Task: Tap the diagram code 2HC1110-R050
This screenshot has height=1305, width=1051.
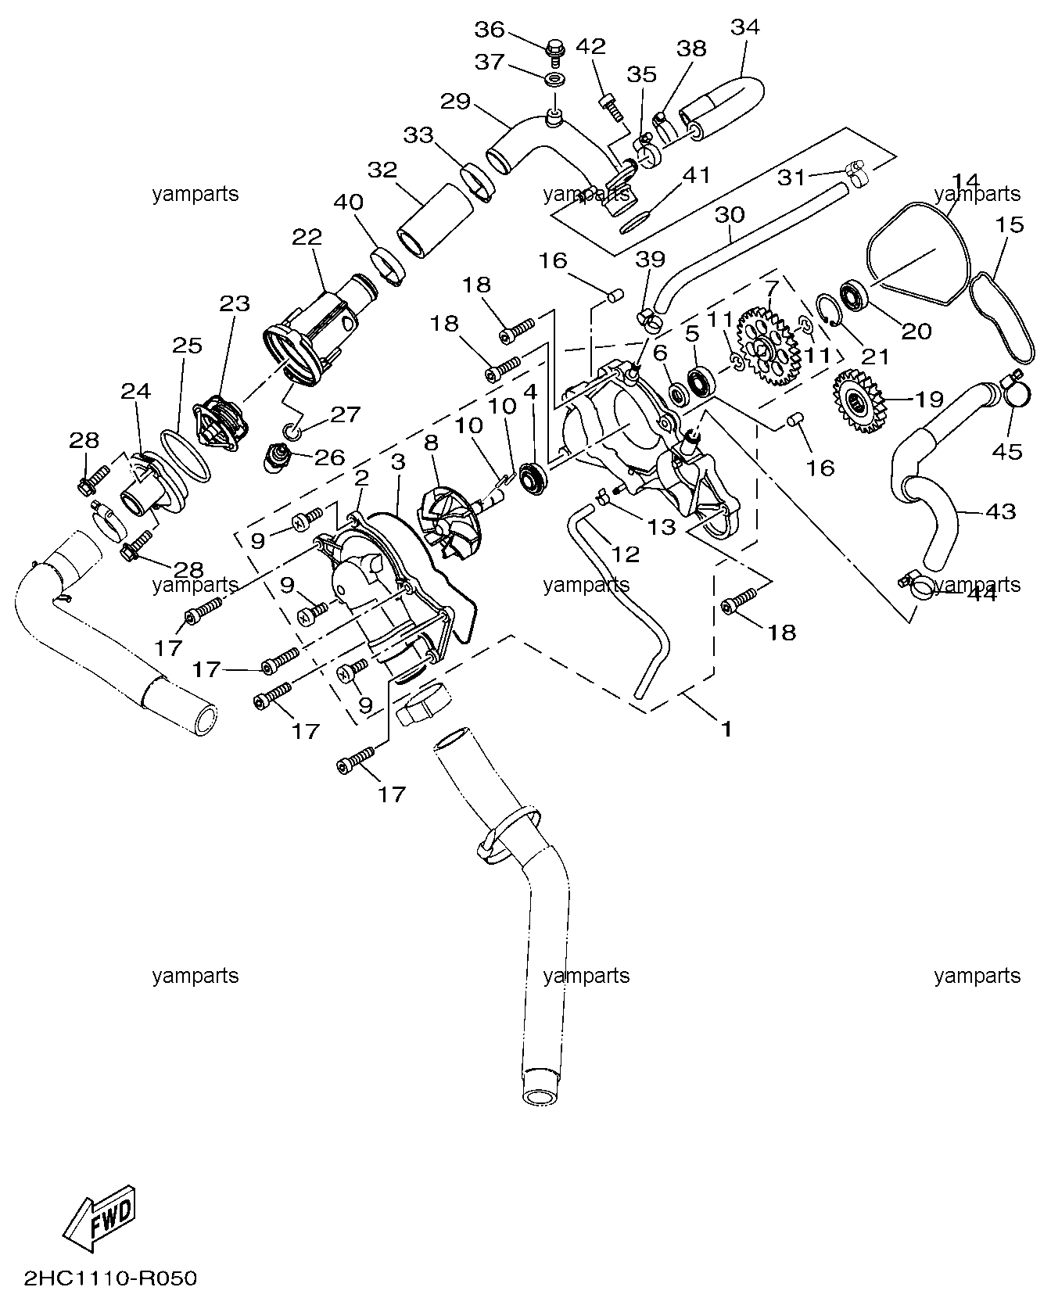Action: pyautogui.click(x=110, y=1278)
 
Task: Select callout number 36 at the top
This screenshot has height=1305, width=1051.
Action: pyautogui.click(x=490, y=30)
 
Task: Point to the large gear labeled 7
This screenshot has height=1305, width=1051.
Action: pyautogui.click(x=768, y=348)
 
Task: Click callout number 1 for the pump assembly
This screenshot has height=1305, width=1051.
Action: pyautogui.click(x=726, y=730)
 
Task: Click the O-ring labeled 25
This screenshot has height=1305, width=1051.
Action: pyautogui.click(x=186, y=456)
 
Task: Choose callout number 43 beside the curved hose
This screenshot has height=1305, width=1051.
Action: pyautogui.click(x=1000, y=512)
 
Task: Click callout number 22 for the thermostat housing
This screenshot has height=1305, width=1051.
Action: pyautogui.click(x=307, y=237)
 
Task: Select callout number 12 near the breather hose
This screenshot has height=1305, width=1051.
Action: pyautogui.click(x=625, y=554)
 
